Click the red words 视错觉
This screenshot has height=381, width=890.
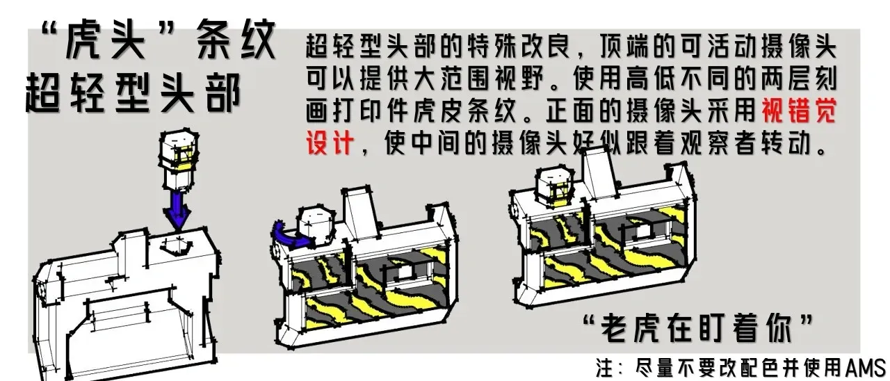click(800, 111)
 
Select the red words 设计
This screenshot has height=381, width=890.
click(330, 143)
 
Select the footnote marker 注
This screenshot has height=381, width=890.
click(606, 368)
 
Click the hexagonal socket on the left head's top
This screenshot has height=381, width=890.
click(176, 247)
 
